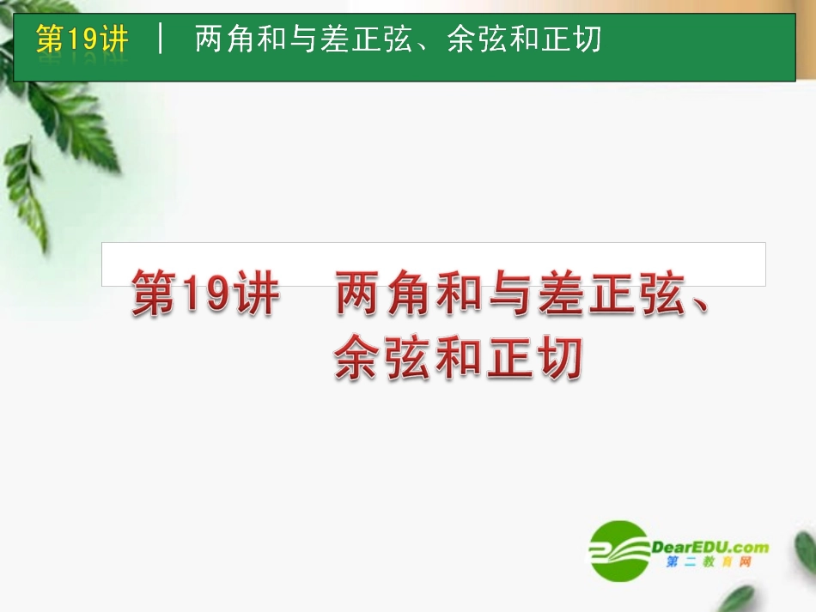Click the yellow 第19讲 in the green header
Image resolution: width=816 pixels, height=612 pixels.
click(82, 39)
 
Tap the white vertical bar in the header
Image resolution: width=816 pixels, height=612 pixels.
click(161, 39)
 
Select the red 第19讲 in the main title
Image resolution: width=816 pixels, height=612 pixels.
click(205, 294)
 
